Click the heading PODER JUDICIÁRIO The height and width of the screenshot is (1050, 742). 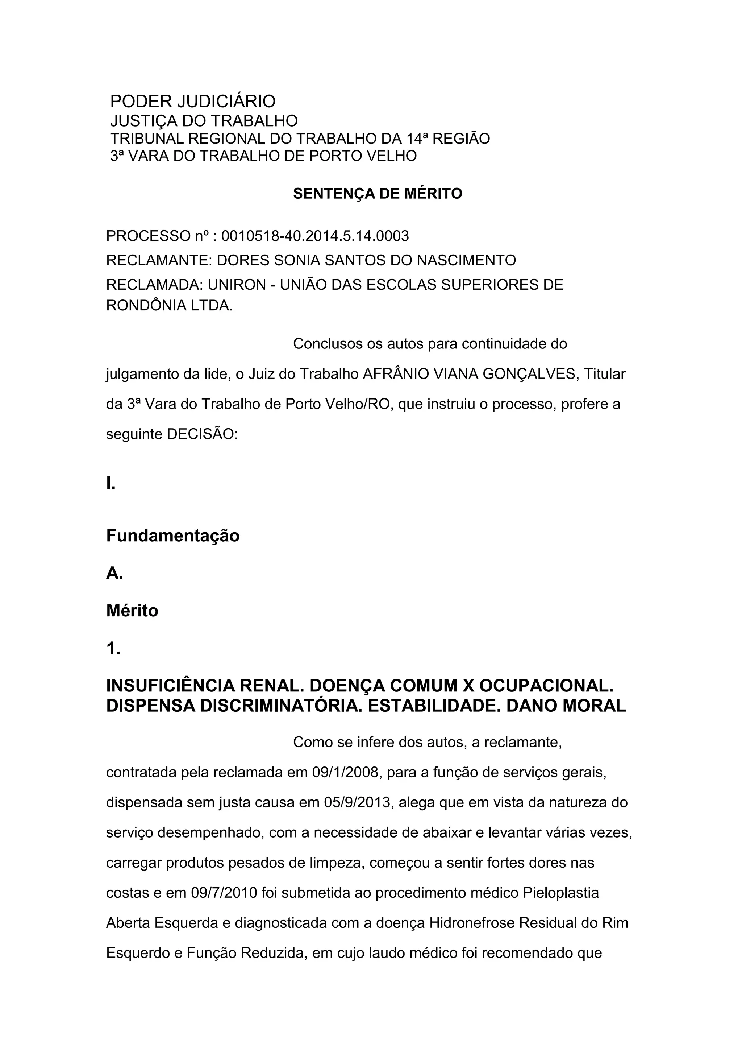tap(193, 101)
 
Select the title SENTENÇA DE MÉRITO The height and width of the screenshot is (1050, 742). tap(378, 194)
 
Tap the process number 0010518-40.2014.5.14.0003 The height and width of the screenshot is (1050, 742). tap(315, 236)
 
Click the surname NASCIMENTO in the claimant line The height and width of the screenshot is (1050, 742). tap(466, 260)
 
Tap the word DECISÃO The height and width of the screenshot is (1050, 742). tap(202, 434)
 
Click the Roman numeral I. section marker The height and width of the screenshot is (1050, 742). tap(111, 483)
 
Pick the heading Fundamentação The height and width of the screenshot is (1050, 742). tap(173, 536)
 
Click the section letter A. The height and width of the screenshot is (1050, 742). tap(114, 573)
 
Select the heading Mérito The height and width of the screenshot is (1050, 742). tap(132, 611)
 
